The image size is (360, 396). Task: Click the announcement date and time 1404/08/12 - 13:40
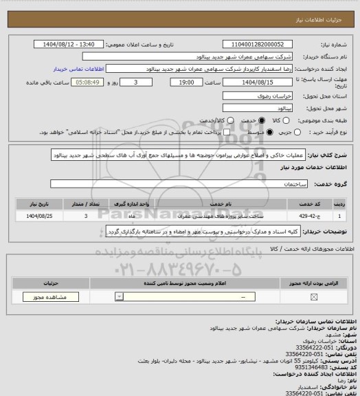70,44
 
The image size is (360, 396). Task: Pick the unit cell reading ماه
131,216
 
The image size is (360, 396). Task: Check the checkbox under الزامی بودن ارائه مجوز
314,297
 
